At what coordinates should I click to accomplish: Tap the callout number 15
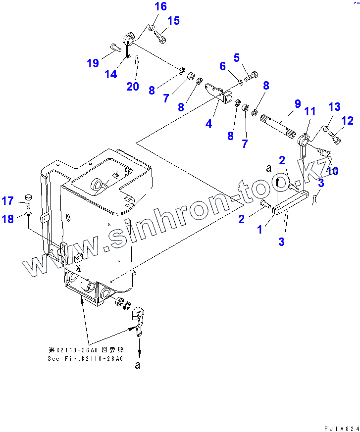pyautogui.click(x=173, y=21)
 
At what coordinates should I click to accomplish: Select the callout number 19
pyautogui.click(x=93, y=63)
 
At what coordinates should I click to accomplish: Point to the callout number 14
pyautogui.click(x=111, y=74)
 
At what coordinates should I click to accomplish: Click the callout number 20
pyautogui.click(x=132, y=86)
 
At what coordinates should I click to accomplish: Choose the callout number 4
pyautogui.click(x=209, y=124)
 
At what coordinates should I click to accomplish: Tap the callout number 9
pyautogui.click(x=298, y=104)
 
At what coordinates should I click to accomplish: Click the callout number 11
pyautogui.click(x=309, y=112)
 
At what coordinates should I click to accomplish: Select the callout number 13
pyautogui.click(x=334, y=106)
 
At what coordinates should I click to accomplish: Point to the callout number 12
pyautogui.click(x=347, y=120)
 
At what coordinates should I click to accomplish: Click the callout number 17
pyautogui.click(x=8, y=201)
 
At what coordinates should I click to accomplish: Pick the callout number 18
pyautogui.click(x=8, y=219)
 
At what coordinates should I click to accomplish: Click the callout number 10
pyautogui.click(x=332, y=171)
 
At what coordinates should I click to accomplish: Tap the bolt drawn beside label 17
pyautogui.click(x=28, y=201)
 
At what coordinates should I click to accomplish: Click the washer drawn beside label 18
pyautogui.click(x=29, y=214)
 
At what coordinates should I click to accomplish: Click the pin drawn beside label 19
pyautogui.click(x=114, y=48)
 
